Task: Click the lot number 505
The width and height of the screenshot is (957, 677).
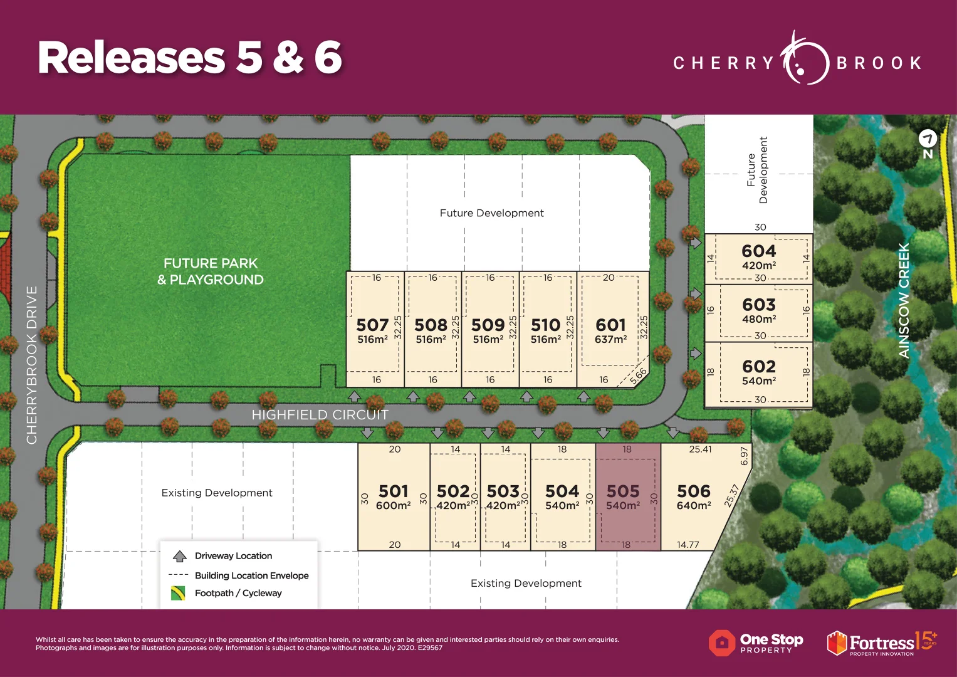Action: [622, 491]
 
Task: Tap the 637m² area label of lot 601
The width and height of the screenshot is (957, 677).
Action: [610, 340]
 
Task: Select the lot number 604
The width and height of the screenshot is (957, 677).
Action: [758, 251]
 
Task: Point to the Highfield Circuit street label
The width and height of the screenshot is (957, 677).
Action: [320, 415]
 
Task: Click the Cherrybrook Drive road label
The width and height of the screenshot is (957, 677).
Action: [32, 365]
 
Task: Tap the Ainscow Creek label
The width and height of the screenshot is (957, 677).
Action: [904, 301]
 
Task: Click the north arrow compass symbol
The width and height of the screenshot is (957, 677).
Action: [928, 139]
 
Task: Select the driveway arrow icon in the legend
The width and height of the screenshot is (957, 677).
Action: [180, 556]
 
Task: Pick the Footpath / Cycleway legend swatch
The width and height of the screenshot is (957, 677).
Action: [178, 593]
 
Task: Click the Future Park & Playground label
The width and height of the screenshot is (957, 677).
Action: [211, 271]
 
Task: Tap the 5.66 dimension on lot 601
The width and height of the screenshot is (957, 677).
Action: [638, 376]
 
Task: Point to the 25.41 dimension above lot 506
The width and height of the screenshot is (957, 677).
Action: [700, 449]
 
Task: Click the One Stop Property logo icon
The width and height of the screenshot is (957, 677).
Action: [721, 643]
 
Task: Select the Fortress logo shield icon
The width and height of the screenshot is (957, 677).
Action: [837, 643]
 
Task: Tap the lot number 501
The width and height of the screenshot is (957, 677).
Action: [393, 491]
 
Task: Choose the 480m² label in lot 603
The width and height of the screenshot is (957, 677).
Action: [759, 319]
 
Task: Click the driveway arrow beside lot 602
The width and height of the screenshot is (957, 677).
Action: [695, 354]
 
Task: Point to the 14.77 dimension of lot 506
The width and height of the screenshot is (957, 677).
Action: [688, 545]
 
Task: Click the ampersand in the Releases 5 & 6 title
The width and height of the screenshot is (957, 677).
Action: [288, 58]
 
